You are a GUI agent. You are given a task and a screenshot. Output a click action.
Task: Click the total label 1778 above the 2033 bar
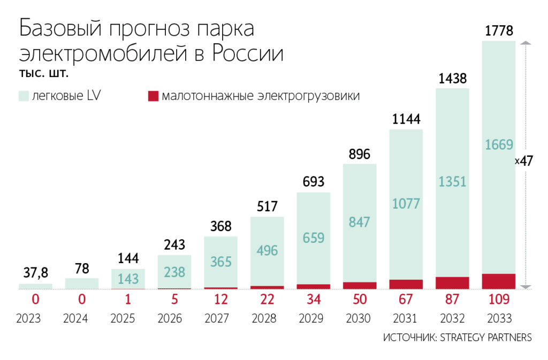[x=498, y=32]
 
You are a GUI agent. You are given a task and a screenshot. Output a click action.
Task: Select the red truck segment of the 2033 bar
[x=498, y=281]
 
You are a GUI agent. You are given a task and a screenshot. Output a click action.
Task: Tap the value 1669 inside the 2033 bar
[x=498, y=145]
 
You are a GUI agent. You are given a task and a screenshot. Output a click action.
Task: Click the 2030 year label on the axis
[x=359, y=319]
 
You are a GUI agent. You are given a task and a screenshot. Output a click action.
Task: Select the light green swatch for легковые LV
[x=24, y=96]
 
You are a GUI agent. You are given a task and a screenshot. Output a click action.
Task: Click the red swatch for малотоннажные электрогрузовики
[x=153, y=96]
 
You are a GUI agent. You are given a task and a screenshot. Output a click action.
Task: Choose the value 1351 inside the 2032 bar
[x=452, y=181]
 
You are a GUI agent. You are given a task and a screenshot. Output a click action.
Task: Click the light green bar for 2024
[x=81, y=283]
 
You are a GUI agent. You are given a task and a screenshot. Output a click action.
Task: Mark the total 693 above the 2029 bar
[x=313, y=182]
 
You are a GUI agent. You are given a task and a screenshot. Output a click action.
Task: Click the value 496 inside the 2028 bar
[x=266, y=251]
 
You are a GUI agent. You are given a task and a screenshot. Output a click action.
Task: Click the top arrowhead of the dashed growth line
[x=526, y=42]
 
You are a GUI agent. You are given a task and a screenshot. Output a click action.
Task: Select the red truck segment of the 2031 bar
[x=406, y=284]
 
